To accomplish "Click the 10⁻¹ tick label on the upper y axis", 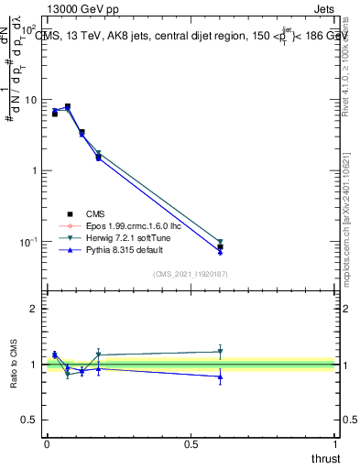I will pyautogui.click(x=28, y=242).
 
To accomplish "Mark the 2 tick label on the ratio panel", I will pyautogui.click(x=33, y=310).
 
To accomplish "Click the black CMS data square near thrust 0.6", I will pyautogui.click(x=220, y=247).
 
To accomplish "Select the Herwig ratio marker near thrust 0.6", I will pyautogui.click(x=220, y=352).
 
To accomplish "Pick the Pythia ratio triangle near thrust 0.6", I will pyautogui.click(x=220, y=376).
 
